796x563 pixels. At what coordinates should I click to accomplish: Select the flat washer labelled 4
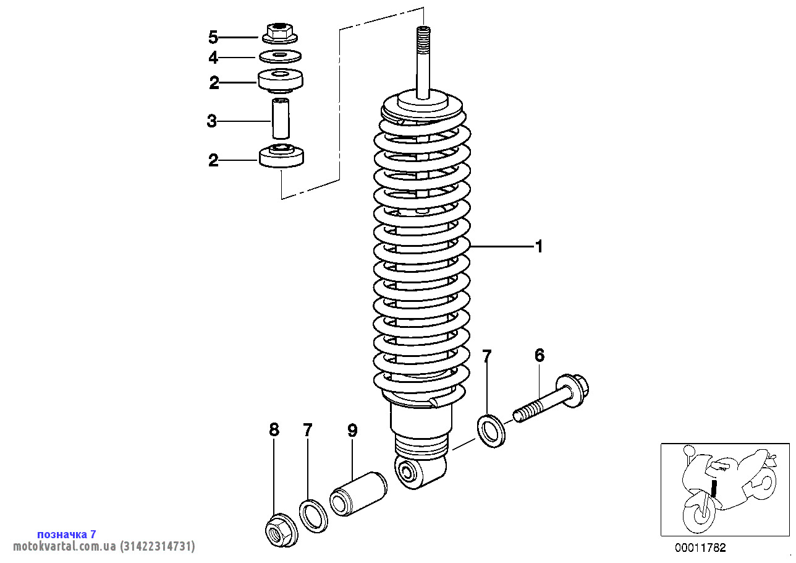[x=281, y=57]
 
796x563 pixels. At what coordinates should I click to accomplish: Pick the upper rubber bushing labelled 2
[x=281, y=80]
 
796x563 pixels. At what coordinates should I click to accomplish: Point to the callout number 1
[x=539, y=247]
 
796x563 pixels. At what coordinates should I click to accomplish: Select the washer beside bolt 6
[x=491, y=431]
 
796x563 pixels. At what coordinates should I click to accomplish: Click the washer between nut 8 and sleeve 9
[x=314, y=515]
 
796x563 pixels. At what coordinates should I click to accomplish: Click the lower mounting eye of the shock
[x=409, y=474]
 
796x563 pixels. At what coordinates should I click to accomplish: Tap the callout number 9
[x=352, y=431]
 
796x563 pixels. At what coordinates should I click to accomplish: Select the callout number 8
[x=274, y=429]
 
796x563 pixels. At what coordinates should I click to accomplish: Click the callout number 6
[x=540, y=356]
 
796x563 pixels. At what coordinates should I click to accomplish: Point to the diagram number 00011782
[x=700, y=548]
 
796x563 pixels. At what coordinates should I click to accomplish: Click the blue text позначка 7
[x=67, y=534]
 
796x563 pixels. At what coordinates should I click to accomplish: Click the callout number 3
[x=212, y=121]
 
